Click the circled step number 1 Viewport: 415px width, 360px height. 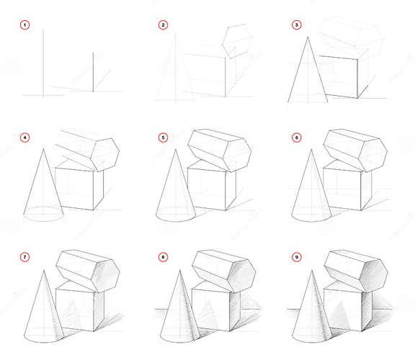[26, 25]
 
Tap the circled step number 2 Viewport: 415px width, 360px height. [163, 25]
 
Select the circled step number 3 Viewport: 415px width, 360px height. [297, 25]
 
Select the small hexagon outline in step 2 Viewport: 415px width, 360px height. [234, 40]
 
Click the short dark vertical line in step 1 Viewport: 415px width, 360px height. [93, 71]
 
